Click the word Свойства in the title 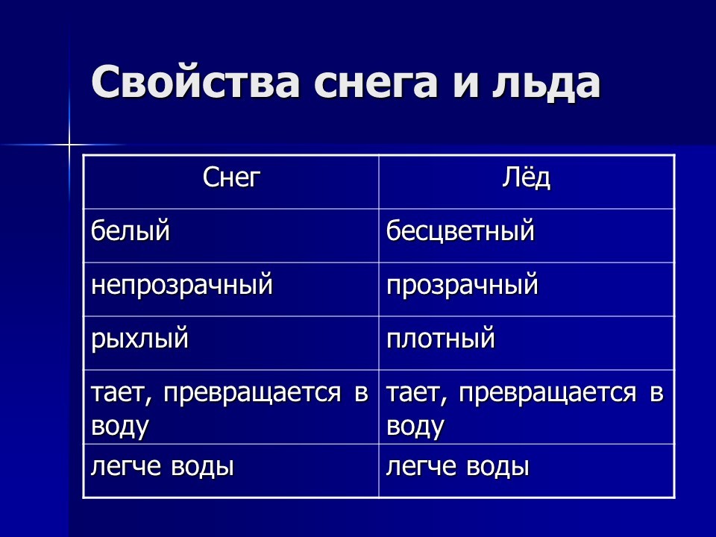(195, 81)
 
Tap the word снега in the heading (376, 82)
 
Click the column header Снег (231, 178)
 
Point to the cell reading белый (130, 230)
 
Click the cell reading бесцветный (460, 230)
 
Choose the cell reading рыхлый (139, 339)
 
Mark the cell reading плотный (441, 339)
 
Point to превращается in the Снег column (252, 394)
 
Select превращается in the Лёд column (547, 394)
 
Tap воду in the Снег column (119, 427)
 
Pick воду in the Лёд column (415, 427)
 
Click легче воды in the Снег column (162, 467)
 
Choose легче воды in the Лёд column (457, 467)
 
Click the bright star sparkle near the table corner (69, 145)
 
